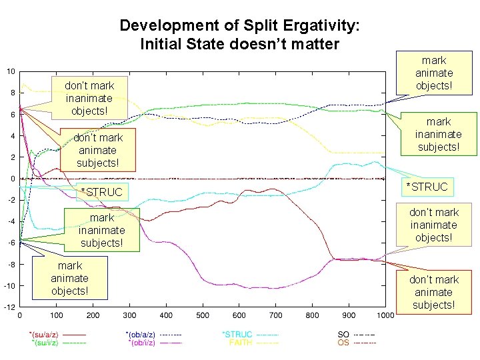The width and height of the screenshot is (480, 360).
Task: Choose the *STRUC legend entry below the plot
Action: [x=237, y=334]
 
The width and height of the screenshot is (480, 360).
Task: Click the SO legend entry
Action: [x=343, y=334]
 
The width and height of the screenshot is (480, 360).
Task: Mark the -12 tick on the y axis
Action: [x=10, y=307]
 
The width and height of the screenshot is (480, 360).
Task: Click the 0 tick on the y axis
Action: [x=13, y=179]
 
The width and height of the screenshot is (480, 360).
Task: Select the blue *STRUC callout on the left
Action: [x=101, y=193]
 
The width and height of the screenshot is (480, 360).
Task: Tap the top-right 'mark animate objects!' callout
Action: [x=434, y=73]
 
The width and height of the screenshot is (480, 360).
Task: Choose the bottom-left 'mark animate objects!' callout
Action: [x=69, y=278]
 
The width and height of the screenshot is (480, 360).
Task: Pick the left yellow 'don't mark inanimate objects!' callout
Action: [x=89, y=98]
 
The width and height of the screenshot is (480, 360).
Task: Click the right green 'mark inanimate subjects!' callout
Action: [x=438, y=134]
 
